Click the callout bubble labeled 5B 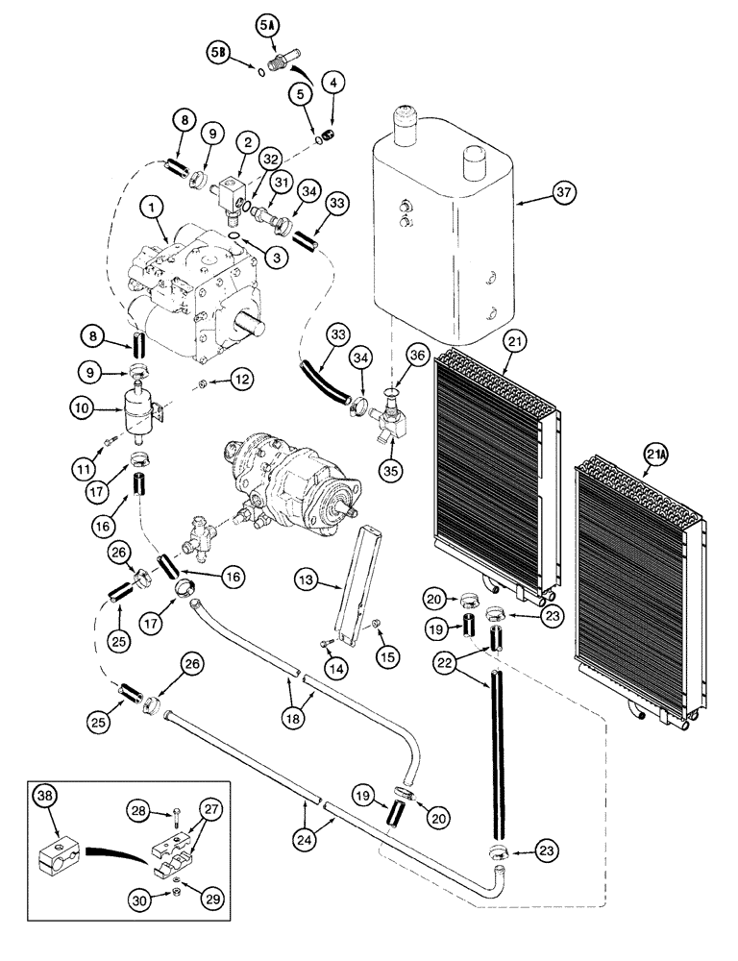(x=218, y=55)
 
